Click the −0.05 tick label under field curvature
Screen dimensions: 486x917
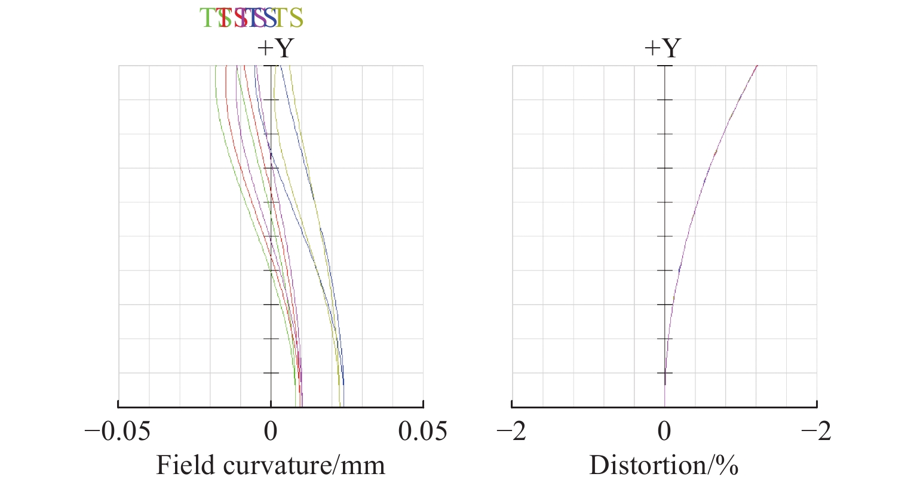(x=117, y=431)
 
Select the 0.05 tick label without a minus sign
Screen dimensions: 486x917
(x=423, y=431)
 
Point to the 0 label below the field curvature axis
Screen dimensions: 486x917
(x=271, y=431)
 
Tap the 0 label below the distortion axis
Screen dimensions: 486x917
(x=664, y=431)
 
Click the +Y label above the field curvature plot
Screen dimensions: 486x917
(x=275, y=48)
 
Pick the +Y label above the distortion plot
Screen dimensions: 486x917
(x=663, y=48)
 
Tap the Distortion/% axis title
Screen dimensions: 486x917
(x=664, y=465)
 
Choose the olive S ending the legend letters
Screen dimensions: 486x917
(x=296, y=19)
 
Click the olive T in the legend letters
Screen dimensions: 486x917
(x=281, y=19)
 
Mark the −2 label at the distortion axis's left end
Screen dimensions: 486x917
(x=512, y=431)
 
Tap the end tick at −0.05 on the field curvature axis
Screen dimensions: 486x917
(x=118, y=404)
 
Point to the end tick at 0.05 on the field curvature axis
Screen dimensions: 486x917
(x=423, y=404)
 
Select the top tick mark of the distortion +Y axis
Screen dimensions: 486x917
(x=665, y=66)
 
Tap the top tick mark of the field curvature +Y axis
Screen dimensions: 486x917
(x=271, y=66)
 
